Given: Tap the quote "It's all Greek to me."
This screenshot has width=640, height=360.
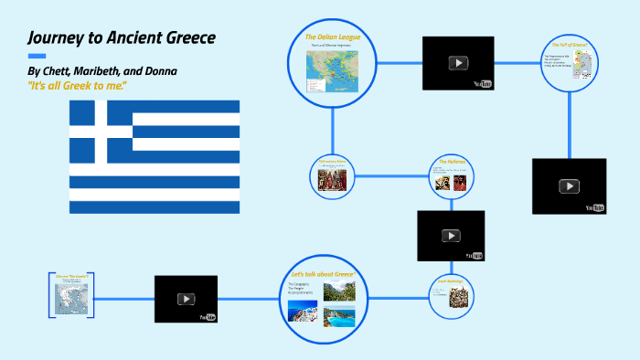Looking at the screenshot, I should coord(77,85).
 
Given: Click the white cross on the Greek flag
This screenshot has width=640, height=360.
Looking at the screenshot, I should coord(101,131).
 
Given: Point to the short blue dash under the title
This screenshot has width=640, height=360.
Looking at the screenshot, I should coord(37,56).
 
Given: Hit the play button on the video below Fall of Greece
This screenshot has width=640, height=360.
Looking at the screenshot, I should coord(569,185).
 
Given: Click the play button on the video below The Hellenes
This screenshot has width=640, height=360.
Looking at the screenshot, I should coord(451,236).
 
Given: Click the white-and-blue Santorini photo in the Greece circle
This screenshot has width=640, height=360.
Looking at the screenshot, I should coord(304,312).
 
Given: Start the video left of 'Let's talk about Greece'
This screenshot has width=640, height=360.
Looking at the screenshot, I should coord(186,299).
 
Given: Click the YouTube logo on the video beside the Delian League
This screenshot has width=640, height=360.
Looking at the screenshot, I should coord(482,84).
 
